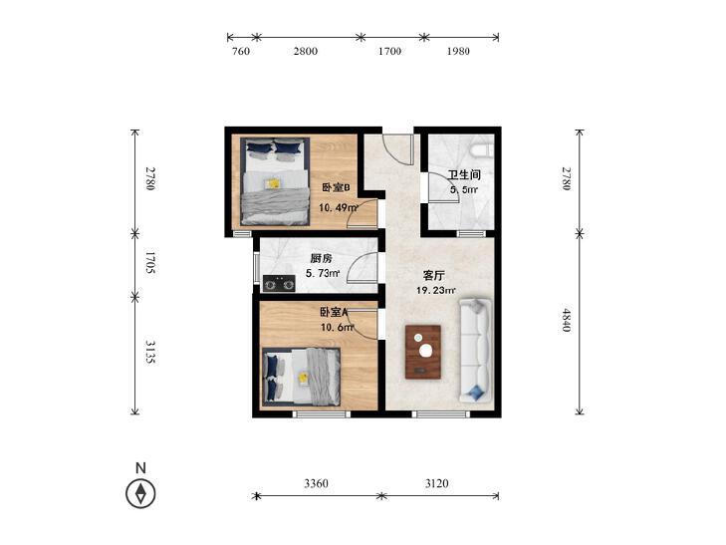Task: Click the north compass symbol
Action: (x=141, y=492)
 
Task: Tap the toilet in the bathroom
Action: (x=481, y=150)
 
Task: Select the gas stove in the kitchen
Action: (x=279, y=283)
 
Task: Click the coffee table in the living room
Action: (x=424, y=352)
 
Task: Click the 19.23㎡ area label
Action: (x=435, y=291)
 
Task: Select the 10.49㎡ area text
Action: (x=340, y=208)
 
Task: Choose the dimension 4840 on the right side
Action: (x=567, y=323)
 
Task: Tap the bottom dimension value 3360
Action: (x=316, y=483)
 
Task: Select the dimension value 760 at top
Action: (x=240, y=52)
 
